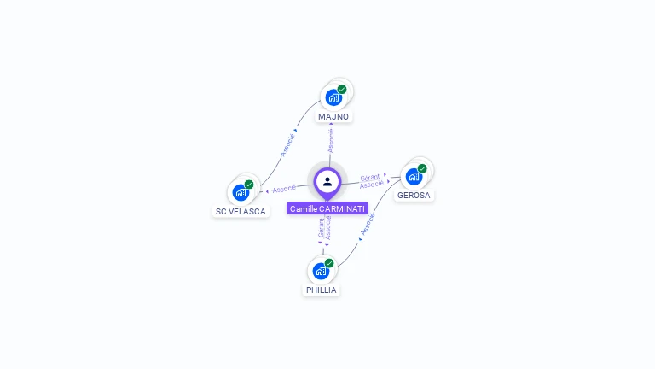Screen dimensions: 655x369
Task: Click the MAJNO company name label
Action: point(333,116)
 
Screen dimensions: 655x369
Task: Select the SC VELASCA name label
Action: point(241,211)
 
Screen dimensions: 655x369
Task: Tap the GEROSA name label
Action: point(414,195)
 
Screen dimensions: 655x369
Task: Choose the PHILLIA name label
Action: point(321,290)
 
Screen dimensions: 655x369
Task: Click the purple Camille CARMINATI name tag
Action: point(327,208)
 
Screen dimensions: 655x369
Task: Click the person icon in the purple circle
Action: point(327,181)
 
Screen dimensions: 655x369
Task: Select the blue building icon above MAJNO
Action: point(333,97)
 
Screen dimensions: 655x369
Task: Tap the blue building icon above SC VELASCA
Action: point(240,192)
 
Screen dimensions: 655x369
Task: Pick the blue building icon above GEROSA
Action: point(414,176)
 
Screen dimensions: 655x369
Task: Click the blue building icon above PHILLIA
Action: point(320,271)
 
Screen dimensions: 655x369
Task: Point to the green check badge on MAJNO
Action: point(342,89)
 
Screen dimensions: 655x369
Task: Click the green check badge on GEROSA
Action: point(422,168)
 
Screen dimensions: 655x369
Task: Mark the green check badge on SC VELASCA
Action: point(249,184)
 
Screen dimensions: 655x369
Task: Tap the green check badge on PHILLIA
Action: point(329,263)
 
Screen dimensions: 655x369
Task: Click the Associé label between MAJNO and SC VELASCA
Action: point(287,143)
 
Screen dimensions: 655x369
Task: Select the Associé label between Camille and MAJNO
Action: point(331,141)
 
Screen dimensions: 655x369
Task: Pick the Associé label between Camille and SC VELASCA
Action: point(284,188)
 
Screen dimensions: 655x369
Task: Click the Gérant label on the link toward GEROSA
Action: point(370,177)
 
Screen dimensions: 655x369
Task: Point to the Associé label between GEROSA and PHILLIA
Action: point(367,224)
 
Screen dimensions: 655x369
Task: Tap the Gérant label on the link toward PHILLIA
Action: point(321,227)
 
